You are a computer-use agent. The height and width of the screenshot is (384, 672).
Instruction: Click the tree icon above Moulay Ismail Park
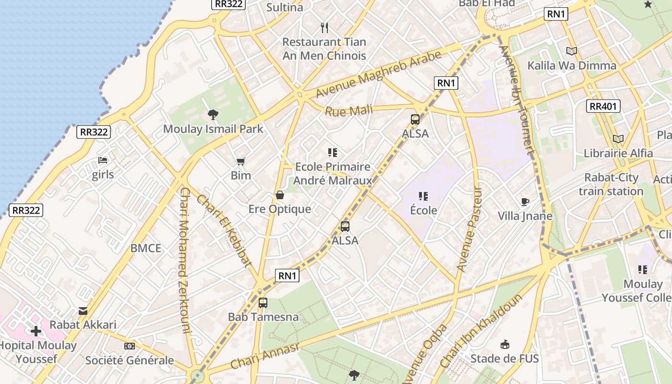point(213,114)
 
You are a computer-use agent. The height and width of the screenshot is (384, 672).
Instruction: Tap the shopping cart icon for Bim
point(241,161)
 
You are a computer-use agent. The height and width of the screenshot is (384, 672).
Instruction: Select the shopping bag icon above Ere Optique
point(279,195)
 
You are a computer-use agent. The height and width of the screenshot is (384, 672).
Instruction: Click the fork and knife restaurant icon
point(324,27)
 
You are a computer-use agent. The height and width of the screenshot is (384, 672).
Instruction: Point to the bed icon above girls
point(103,160)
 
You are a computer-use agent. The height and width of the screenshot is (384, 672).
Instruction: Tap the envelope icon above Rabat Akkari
point(83,311)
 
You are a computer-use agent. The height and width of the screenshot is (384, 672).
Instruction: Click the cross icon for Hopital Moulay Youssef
point(36,331)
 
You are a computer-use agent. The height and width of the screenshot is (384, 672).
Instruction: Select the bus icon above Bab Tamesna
point(263,303)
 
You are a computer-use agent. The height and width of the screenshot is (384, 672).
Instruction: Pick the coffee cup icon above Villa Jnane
point(525,202)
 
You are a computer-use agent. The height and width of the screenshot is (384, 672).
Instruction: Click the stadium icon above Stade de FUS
point(504,344)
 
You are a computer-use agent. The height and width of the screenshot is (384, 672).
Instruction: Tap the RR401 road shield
point(603,106)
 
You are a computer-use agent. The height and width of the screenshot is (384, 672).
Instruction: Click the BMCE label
point(146,248)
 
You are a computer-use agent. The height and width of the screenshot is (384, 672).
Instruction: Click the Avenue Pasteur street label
point(468,229)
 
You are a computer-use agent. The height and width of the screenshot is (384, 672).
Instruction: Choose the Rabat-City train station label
point(611,184)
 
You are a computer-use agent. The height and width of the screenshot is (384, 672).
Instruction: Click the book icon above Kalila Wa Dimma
point(571,51)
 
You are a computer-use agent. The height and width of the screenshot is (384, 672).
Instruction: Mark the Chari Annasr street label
point(264,356)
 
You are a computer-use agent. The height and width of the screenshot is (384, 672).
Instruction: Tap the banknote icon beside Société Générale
point(130,346)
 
